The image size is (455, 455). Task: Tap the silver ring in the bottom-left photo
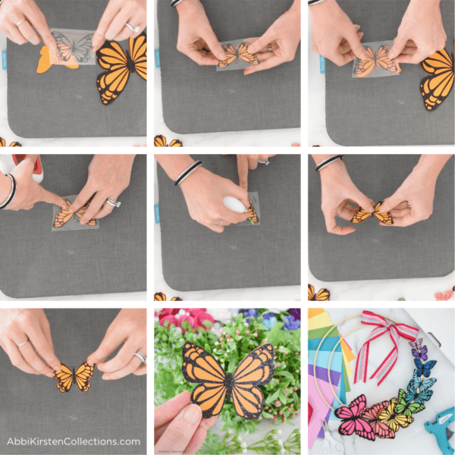[x=140, y=356]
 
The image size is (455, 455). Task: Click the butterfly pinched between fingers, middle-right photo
[x=372, y=214]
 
